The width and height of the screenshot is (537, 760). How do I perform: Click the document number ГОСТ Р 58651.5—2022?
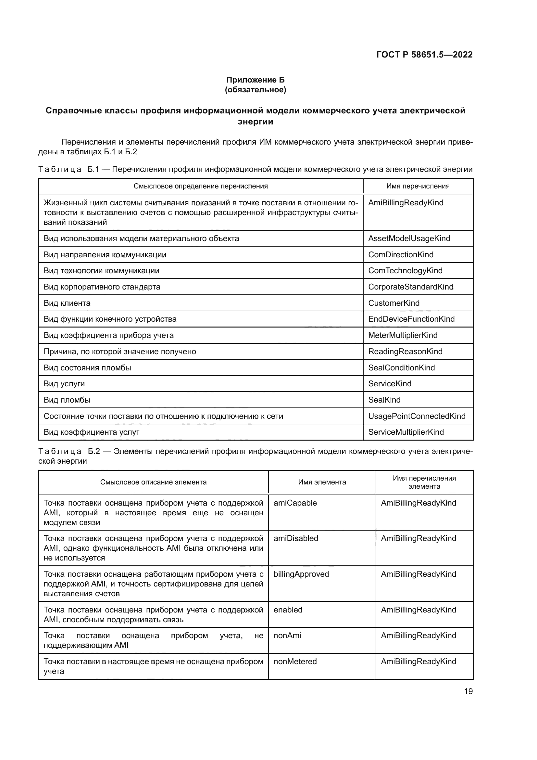424,55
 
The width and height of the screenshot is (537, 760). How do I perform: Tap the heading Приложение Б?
255,80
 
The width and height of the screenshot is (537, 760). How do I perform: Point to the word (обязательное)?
255,90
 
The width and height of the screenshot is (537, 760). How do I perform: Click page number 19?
468,691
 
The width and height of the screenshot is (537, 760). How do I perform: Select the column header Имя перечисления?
418,186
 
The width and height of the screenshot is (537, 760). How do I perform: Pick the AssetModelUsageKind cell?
409,238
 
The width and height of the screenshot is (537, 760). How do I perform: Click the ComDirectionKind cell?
401,254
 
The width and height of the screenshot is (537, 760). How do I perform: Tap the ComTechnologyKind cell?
405,270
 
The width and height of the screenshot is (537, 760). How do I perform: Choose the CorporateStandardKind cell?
411,287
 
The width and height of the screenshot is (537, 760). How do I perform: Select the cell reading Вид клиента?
67,303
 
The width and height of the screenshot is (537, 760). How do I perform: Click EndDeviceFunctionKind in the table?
411,319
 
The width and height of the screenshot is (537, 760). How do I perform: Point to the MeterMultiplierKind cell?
403,335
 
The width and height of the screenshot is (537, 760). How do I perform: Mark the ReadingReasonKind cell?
405,351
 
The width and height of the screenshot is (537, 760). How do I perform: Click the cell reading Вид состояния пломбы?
87,367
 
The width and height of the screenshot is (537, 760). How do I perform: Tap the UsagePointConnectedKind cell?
417,416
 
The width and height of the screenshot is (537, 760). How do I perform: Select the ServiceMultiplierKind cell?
406,432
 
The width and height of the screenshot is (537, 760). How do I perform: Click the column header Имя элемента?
322,482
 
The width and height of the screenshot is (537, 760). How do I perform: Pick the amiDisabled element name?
296,538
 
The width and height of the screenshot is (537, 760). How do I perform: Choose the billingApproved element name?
301,574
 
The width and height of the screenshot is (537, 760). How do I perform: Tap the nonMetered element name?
295,661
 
